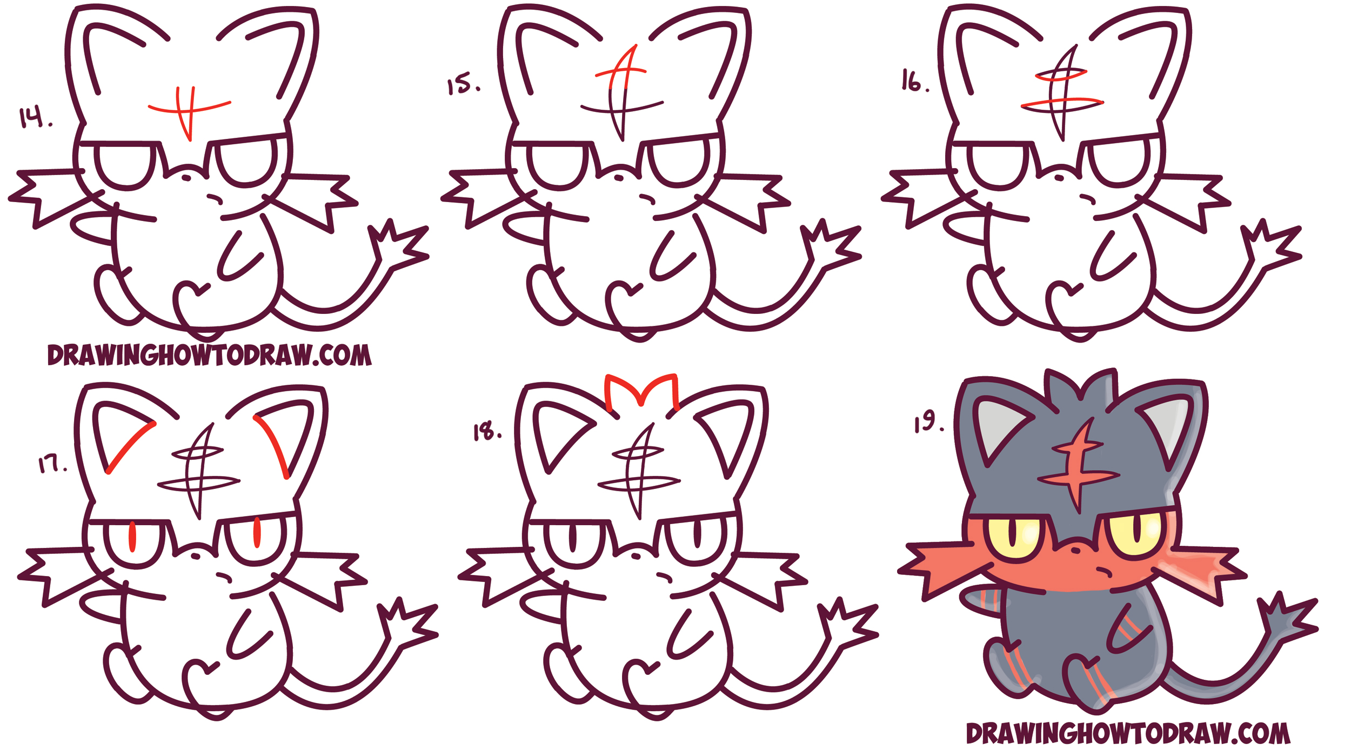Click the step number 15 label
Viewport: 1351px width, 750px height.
point(463,85)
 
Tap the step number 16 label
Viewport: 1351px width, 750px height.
point(914,81)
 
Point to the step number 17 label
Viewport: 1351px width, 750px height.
point(52,464)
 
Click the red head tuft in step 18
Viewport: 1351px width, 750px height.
point(641,392)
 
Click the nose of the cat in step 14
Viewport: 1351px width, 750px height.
point(186,177)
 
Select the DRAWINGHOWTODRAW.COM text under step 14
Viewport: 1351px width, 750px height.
point(210,355)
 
